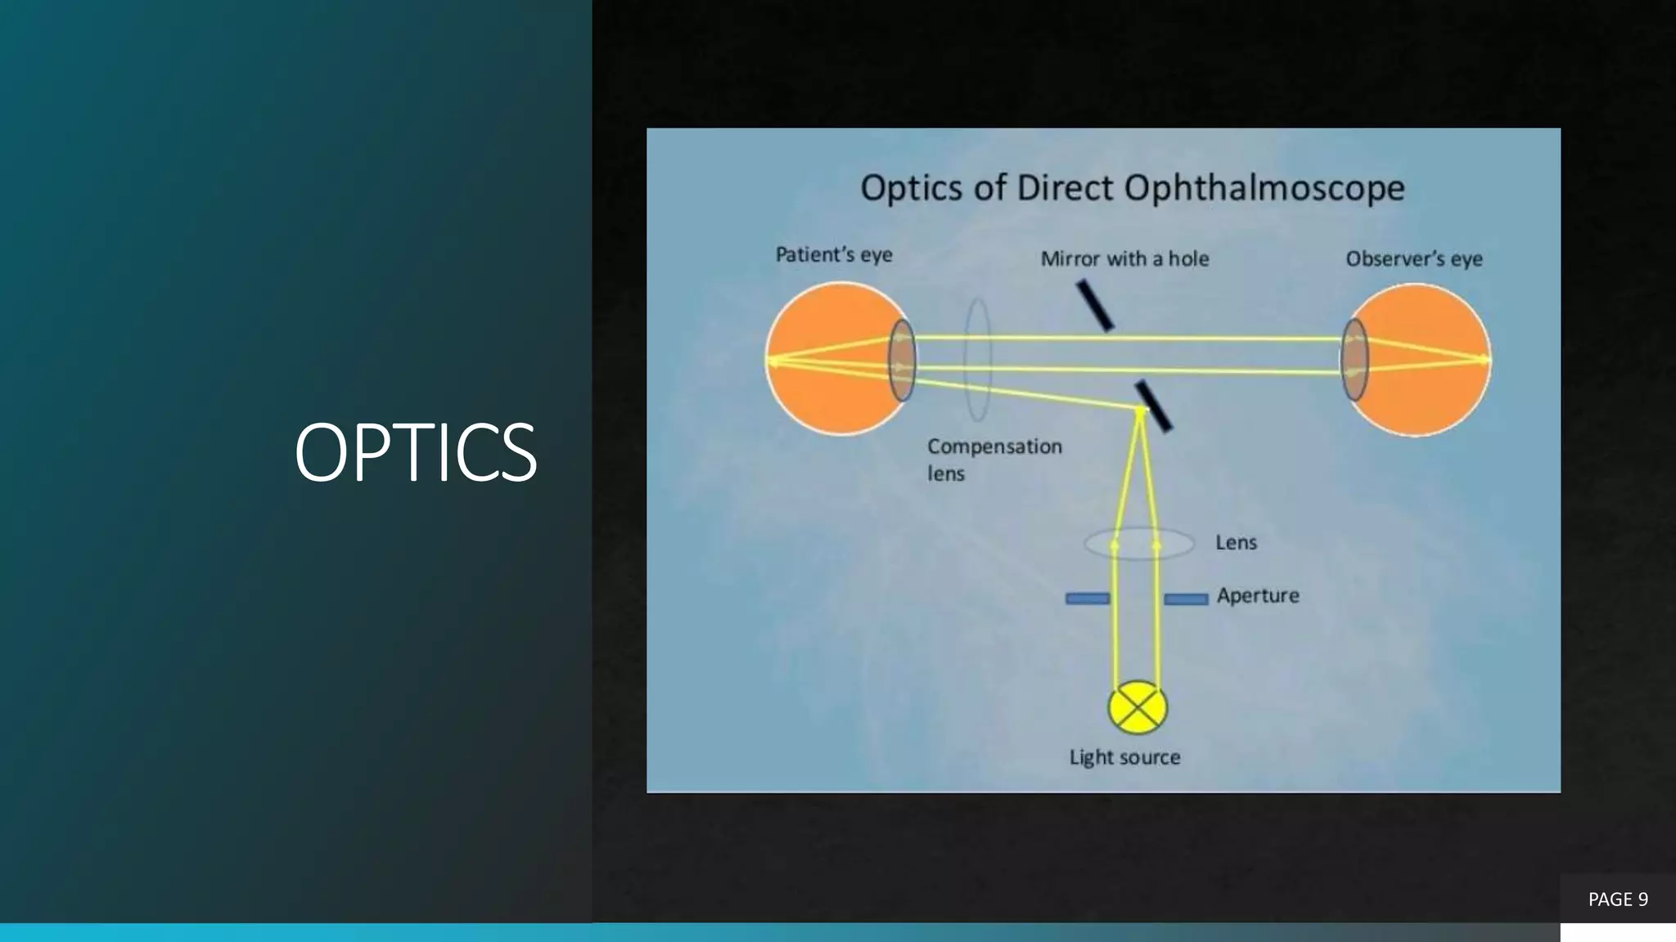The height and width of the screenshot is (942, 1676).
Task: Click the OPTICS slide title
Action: [415, 452]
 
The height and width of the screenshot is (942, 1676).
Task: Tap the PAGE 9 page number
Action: [1617, 899]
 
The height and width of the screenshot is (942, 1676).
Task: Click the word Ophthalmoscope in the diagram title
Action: [1264, 189]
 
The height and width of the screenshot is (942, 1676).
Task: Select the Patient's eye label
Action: [833, 255]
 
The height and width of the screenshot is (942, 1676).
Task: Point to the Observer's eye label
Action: [1413, 259]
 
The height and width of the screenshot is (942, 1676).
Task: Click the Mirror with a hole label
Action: [1124, 259]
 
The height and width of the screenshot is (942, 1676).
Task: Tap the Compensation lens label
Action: [993, 459]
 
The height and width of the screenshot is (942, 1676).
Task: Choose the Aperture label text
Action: [1257, 595]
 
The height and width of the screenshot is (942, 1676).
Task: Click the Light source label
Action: [1124, 757]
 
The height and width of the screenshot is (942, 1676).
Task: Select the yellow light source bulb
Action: [1138, 708]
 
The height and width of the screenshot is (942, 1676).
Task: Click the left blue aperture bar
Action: [1087, 599]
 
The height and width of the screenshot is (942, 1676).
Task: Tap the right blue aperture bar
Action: [1186, 599]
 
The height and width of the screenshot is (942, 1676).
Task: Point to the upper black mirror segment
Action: [1094, 305]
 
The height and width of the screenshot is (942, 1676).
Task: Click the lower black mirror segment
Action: [1154, 406]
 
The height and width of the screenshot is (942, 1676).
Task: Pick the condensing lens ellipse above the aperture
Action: [1138, 544]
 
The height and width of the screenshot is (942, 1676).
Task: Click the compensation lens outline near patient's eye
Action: [978, 359]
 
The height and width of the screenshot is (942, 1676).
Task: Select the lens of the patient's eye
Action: [902, 360]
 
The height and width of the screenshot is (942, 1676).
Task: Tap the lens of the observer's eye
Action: [1354, 360]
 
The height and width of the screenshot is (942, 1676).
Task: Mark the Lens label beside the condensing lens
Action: [1236, 542]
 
